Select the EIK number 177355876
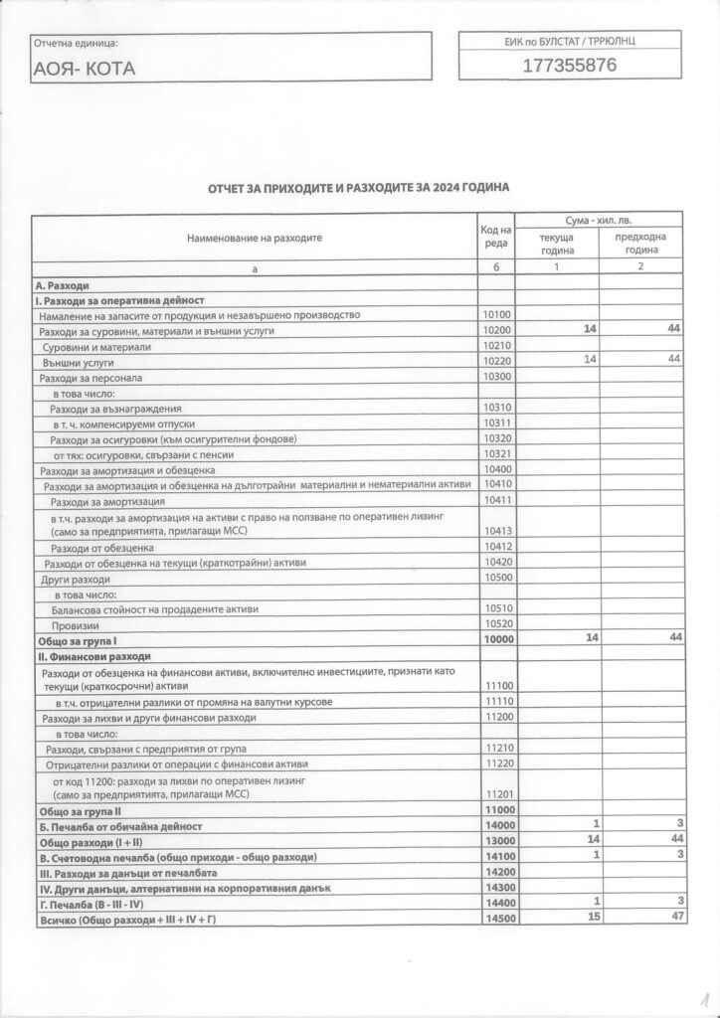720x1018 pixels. tap(570, 66)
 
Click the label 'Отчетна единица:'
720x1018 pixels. tap(75, 44)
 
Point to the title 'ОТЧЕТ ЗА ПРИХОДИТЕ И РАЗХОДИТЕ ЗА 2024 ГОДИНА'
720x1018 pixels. tap(359, 188)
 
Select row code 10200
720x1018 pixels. tap(496, 330)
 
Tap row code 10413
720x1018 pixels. tap(496, 532)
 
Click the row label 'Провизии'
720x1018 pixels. tap(76, 624)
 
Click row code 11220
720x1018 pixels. tap(496, 763)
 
